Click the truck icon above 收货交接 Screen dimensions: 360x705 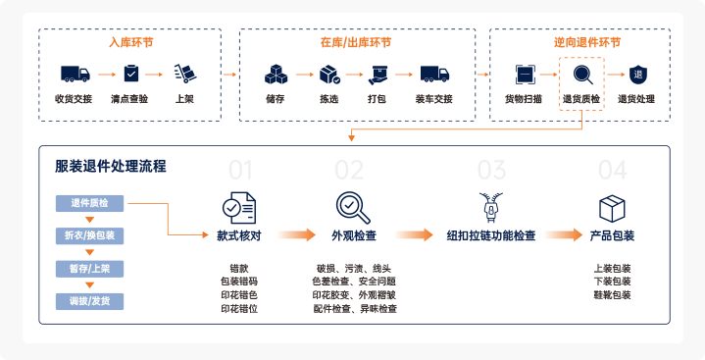point(75,74)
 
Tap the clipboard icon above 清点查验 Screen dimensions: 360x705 point(129,74)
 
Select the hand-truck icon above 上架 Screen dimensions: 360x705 point(184,74)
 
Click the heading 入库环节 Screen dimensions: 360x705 point(129,43)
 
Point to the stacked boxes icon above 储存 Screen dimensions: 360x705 point(276,74)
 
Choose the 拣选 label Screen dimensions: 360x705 point(328,99)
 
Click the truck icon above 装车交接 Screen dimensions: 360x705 point(433,74)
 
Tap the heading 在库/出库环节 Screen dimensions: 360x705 point(355,43)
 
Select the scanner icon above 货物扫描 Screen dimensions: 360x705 point(525,74)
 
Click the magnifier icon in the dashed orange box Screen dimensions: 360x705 point(581,75)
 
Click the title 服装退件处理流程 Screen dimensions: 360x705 point(111,166)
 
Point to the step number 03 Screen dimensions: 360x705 point(490,171)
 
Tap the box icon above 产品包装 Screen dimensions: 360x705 point(612,207)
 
